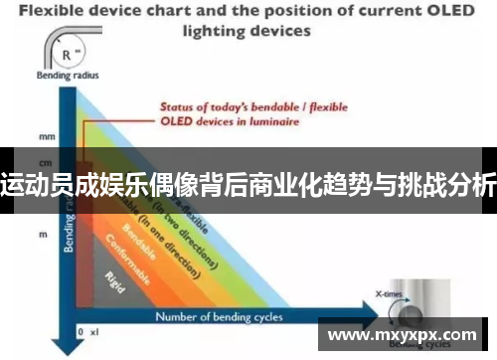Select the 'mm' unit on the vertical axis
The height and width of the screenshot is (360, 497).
[45, 135]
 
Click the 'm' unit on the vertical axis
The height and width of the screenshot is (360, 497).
[44, 234]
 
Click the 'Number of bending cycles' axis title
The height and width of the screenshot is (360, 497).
[219, 317]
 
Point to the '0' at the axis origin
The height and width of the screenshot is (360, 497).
[80, 332]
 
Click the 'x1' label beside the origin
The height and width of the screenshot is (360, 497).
[95, 332]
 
